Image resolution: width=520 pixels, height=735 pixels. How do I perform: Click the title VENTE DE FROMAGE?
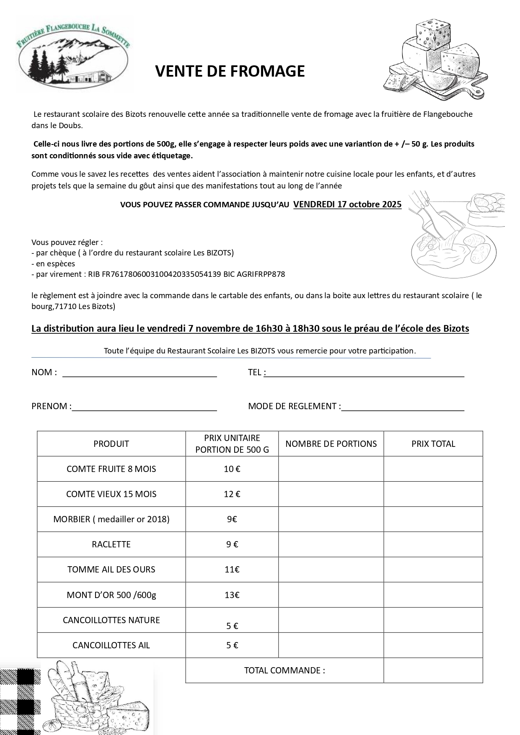(x=230, y=72)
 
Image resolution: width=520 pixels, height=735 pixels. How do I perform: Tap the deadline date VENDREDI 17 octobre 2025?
(x=347, y=204)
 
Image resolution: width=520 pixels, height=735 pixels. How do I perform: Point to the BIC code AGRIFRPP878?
(x=261, y=274)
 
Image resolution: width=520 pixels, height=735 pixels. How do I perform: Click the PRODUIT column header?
(x=111, y=444)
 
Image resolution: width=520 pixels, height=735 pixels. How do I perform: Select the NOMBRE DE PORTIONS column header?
(x=331, y=444)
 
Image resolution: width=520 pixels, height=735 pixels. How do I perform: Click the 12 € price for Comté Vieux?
(x=232, y=494)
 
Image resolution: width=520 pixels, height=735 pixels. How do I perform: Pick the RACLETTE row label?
(x=111, y=544)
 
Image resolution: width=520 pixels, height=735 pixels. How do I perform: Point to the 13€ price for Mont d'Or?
(x=232, y=595)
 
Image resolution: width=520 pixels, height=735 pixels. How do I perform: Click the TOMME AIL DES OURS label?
(x=111, y=570)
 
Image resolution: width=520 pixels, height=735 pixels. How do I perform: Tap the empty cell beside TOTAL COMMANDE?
(x=433, y=670)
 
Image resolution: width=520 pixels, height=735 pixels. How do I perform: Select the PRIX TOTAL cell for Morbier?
(x=433, y=519)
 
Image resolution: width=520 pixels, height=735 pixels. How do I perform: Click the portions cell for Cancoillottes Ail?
(x=331, y=645)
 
